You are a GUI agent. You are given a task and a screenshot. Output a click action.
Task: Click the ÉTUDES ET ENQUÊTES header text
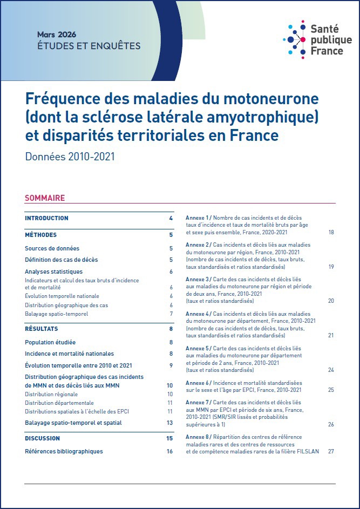89,46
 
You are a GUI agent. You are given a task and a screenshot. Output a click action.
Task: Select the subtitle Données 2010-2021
70,157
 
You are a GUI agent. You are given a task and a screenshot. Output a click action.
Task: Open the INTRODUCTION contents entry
46,218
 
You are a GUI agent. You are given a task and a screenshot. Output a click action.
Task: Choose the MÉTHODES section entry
40,235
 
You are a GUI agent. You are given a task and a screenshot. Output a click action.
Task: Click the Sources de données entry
52,248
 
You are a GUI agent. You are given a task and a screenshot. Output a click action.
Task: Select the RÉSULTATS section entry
41,329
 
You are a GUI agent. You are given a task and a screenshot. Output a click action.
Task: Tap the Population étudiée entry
50,342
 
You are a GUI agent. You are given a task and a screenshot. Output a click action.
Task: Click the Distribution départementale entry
59,403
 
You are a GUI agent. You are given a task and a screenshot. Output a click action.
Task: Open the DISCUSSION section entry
42,438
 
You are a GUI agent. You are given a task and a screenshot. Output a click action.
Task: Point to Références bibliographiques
64,451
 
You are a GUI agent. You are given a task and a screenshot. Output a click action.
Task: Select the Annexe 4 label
198,314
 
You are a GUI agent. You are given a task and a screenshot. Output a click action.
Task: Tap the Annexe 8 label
198,436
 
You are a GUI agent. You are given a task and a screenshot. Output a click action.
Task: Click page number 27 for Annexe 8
331,451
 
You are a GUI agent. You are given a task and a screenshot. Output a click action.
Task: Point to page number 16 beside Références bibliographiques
169,451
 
